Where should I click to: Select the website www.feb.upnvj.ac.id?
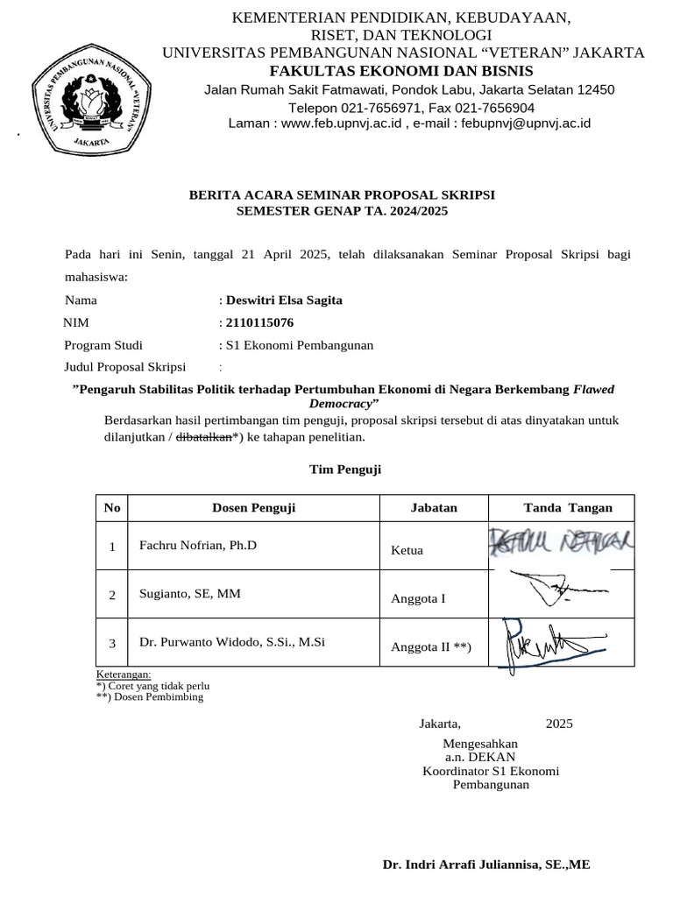(341, 124)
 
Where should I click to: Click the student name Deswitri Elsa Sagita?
(284, 300)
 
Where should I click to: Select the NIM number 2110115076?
(259, 322)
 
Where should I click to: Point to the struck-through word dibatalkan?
(204, 436)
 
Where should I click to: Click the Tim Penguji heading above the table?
(345, 470)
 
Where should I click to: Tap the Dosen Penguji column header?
(253, 508)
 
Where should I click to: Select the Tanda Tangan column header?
(568, 508)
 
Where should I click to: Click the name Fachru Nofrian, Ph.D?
(198, 546)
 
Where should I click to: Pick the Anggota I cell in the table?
(418, 599)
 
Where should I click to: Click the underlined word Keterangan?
(123, 675)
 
